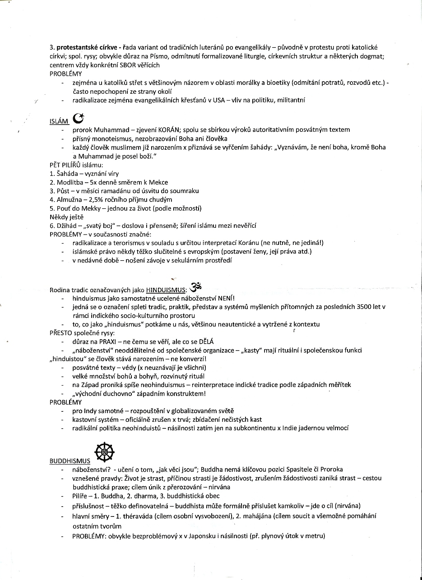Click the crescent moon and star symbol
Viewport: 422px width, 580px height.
click(x=78, y=119)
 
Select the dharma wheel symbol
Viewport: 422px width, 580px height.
click(x=104, y=452)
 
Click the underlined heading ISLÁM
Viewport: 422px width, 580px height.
click(x=59, y=121)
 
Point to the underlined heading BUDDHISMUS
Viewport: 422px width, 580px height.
click(x=70, y=461)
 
